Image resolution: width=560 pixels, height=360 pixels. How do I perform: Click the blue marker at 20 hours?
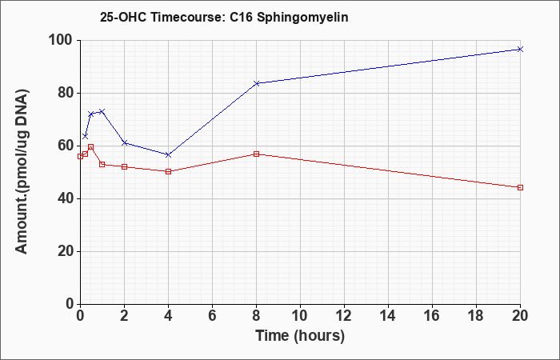coord(520,49)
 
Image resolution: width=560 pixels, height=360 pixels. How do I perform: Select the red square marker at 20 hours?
coord(520,187)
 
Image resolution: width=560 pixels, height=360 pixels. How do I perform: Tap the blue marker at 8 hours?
coord(256,83)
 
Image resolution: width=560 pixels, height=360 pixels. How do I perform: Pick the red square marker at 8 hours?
coord(256,154)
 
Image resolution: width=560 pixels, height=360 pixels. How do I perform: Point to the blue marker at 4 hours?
coord(168,154)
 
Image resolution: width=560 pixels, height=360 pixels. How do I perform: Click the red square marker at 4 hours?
coord(168,171)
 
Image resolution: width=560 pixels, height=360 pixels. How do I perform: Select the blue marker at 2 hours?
coord(124,143)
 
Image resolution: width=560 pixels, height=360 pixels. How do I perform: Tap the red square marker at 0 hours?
coord(80,156)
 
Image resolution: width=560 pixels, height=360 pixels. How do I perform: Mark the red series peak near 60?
coord(90,146)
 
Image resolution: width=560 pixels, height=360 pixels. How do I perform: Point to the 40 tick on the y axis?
coord(66,199)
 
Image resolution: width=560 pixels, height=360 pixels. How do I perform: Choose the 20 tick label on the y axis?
coord(66,252)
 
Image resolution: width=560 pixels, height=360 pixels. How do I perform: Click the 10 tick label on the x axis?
coord(300,316)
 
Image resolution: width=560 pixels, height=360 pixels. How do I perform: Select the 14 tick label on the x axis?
coord(388,316)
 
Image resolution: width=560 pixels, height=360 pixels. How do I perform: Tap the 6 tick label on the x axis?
coord(212,316)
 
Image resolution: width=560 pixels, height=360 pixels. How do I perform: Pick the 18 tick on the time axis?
coord(476,316)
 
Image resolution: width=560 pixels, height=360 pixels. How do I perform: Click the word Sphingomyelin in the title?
coord(302,17)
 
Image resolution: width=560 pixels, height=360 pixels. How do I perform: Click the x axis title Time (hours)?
coord(300,336)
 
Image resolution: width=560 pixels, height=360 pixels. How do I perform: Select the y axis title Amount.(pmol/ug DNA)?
coord(22,172)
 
